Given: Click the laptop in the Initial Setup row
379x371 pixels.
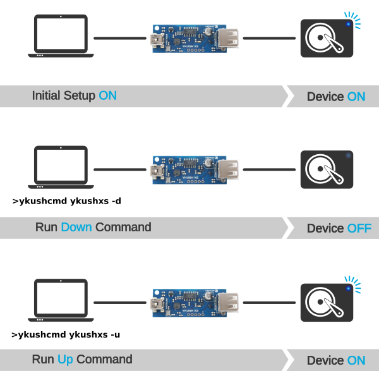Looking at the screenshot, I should click(61, 37).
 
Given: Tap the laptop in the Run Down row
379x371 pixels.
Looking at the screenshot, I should click(61, 168).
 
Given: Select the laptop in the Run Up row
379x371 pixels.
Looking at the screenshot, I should click(61, 301).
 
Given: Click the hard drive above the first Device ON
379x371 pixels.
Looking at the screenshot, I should click(326, 39).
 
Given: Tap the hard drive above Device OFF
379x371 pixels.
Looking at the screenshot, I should click(326, 169).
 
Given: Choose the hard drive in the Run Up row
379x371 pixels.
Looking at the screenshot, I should click(326, 302).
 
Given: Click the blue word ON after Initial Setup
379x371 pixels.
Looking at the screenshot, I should click(107, 96).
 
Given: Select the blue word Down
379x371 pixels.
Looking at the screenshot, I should click(76, 227).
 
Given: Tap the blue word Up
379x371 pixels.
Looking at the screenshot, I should click(65, 360).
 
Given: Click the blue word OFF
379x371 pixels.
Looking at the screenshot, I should click(359, 228).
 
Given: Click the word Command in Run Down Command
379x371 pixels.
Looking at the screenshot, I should click(123, 227).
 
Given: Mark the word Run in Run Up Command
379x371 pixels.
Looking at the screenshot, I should click(43, 360).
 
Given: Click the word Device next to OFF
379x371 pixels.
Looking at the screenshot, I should click(325, 228).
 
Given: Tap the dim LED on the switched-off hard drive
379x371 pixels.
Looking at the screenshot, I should click(347, 155).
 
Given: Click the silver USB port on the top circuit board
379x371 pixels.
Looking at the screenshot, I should click(228, 38).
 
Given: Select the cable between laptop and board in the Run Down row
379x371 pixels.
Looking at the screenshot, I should click(120, 169).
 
